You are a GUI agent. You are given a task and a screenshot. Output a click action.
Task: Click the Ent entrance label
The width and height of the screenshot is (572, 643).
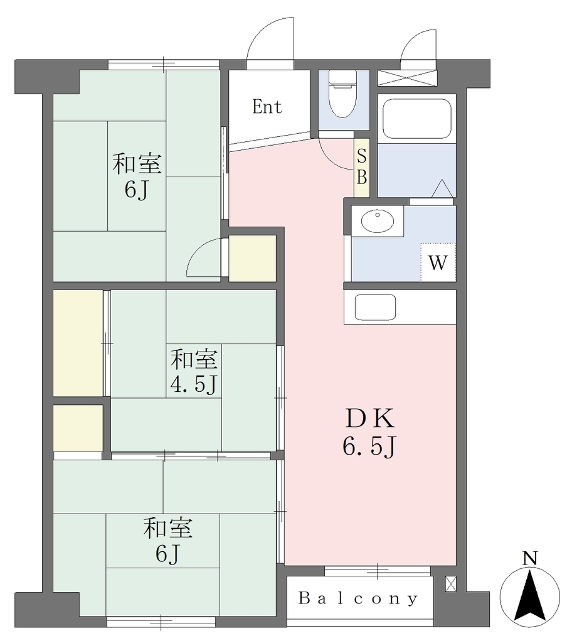coord(267,107)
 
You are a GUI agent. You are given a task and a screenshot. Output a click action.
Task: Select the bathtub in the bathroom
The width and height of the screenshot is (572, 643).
coord(416,119)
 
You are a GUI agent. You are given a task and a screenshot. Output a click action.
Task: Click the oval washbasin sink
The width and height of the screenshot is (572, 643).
coord(378,220)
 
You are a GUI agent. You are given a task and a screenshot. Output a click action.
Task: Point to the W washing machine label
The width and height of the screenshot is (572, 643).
coord(437,262)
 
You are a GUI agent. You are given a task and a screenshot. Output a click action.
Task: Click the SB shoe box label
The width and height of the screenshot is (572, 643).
coord(362,167)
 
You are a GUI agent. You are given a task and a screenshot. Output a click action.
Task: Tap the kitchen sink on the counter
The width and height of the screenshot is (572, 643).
coord(375,307)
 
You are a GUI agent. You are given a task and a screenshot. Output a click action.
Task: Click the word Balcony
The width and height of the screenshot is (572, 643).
coord(358,598)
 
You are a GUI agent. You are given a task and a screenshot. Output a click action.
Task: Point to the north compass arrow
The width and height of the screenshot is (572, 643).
coord(529,597)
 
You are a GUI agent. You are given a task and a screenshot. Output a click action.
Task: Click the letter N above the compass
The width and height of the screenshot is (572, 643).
coord(530,558)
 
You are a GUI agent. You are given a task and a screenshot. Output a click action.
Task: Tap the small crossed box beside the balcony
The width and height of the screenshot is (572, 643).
coord(450,583)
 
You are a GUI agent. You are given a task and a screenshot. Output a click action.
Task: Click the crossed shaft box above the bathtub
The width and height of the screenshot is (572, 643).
coord(407,78)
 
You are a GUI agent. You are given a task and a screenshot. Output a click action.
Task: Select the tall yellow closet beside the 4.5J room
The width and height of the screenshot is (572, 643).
coord(78,343)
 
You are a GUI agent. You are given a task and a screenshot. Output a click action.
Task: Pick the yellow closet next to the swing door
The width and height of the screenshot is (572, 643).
coord(252,258)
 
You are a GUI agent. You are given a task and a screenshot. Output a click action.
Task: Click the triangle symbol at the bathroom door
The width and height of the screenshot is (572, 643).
coord(443,188)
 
